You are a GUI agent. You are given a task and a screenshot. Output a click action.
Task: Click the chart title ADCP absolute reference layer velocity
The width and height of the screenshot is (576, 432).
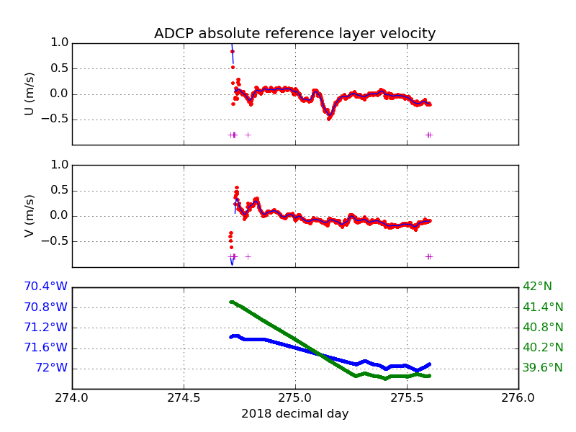[x=294, y=34]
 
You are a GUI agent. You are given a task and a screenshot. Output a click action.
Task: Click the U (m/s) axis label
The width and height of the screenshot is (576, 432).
[x=30, y=94]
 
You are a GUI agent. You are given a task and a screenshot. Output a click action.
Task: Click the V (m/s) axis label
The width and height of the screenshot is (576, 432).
[x=30, y=215]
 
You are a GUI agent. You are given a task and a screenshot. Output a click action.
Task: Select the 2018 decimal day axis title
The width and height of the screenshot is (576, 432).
[x=294, y=414]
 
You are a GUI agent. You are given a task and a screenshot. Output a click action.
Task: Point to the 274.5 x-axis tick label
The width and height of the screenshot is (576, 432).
[x=184, y=397]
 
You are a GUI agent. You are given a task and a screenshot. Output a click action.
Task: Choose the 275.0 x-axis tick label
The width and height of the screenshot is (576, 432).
[x=295, y=397]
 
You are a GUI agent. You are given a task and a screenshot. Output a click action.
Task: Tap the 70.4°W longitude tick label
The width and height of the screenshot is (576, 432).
[x=45, y=287]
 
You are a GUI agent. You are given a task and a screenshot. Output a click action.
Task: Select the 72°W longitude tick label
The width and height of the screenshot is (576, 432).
[x=51, y=368]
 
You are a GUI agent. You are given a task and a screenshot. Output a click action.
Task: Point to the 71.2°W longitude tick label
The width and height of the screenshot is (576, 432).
[x=45, y=328]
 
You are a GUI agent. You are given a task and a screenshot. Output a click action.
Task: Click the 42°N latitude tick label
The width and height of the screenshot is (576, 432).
[x=537, y=287]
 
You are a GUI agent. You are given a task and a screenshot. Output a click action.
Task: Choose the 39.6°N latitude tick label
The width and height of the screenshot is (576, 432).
[x=543, y=368]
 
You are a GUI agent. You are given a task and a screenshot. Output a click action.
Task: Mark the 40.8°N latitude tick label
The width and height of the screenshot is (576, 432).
[x=543, y=328]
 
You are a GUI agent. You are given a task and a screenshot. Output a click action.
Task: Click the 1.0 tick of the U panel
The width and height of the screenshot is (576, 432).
[x=60, y=42]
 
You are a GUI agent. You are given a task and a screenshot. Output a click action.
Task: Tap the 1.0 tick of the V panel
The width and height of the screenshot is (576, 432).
[x=60, y=165]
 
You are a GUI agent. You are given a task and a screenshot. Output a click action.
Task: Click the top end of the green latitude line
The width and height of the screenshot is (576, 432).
[x=230, y=302]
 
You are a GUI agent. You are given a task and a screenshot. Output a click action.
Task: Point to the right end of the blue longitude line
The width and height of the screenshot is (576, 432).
[x=430, y=364]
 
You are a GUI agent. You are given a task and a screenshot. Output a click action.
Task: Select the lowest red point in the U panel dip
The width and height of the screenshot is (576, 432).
[x=328, y=118]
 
